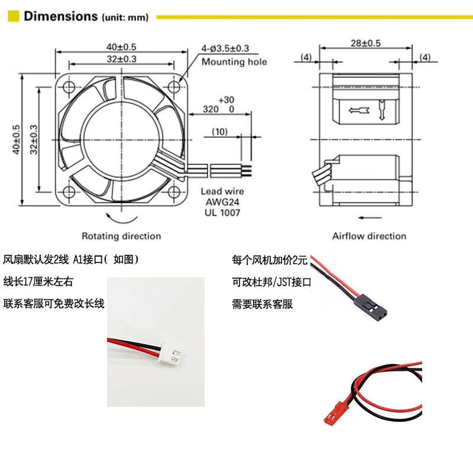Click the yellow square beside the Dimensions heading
pyautogui.click(x=14, y=17)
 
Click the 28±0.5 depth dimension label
pyautogui.click(x=365, y=43)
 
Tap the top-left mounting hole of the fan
pyautogui.click(x=69, y=88)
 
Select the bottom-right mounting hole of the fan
pyautogui.click(x=174, y=192)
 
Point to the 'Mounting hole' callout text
pyautogui.click(x=234, y=62)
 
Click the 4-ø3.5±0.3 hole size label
pyautogui.click(x=225, y=48)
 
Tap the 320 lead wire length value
pyautogui.click(x=210, y=109)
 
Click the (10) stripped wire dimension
pyautogui.click(x=219, y=132)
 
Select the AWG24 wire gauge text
pyautogui.click(x=222, y=202)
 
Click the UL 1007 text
pyautogui.click(x=222, y=213)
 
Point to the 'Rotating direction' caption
pyautogui.click(x=121, y=236)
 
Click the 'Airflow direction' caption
pyautogui.click(x=369, y=236)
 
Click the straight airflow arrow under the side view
pyautogui.click(x=370, y=217)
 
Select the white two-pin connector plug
pyautogui.click(x=171, y=352)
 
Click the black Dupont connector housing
pyautogui.click(x=371, y=307)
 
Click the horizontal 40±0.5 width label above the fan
pyautogui.click(x=121, y=47)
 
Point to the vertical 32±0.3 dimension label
pyautogui.click(x=34, y=140)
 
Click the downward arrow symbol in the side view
pyautogui.click(x=382, y=110)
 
